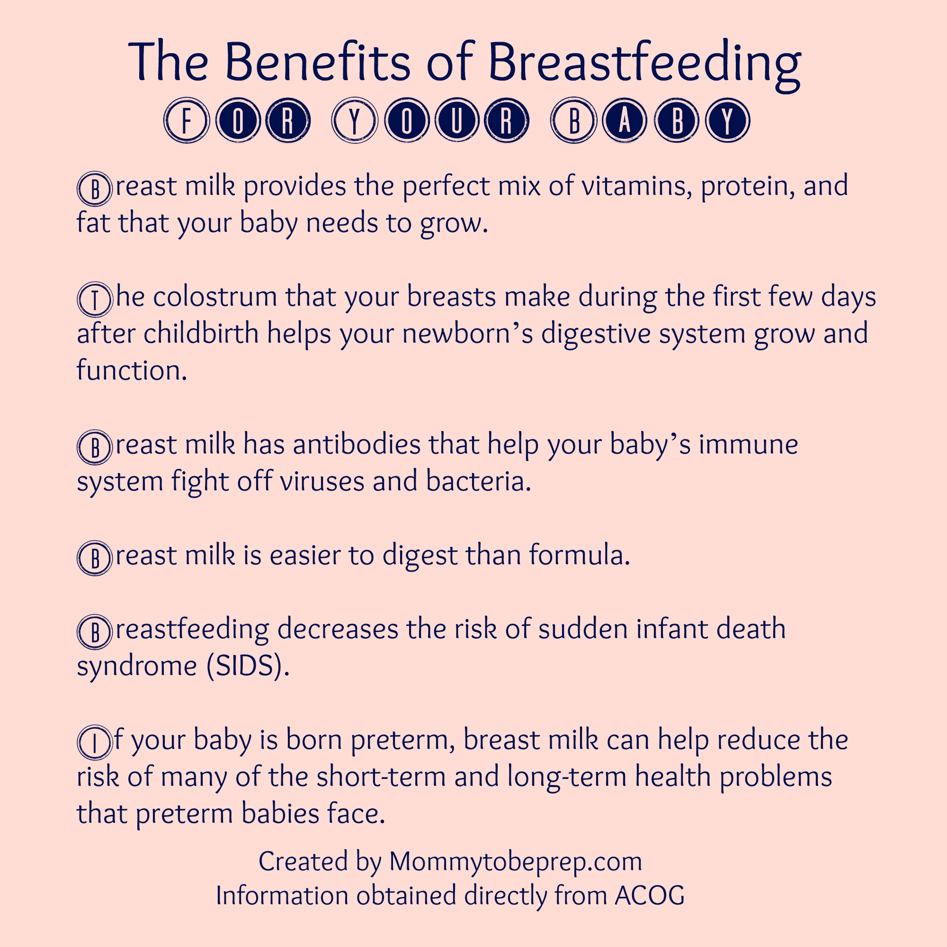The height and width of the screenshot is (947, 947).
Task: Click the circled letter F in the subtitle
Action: tap(187, 121)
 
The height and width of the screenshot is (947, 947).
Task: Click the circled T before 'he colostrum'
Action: tap(95, 299)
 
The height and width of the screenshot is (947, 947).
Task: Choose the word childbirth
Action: tap(201, 334)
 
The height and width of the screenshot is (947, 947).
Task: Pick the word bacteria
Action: tap(478, 482)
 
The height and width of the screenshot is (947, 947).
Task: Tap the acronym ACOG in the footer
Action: tap(650, 895)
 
